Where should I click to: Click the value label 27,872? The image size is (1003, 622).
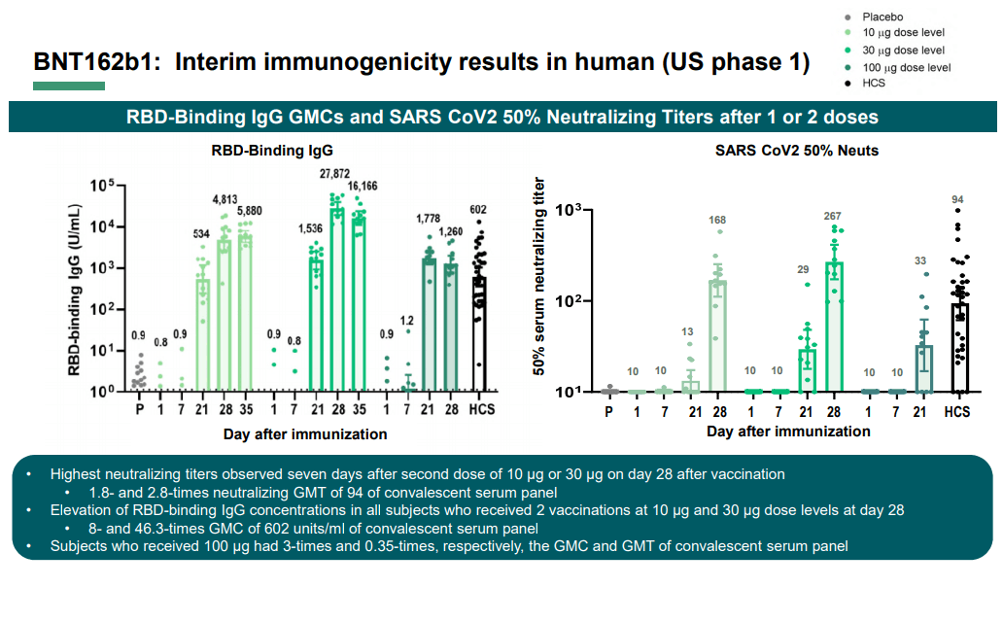335,173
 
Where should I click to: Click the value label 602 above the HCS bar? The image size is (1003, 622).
478,209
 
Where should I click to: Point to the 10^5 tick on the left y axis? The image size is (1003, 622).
103,186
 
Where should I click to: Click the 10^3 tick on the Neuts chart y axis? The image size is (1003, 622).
568,210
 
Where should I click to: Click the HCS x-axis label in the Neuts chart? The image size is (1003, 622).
957,412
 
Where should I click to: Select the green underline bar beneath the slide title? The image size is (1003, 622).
69,86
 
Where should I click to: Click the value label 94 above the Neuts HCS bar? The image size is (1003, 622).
957,200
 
